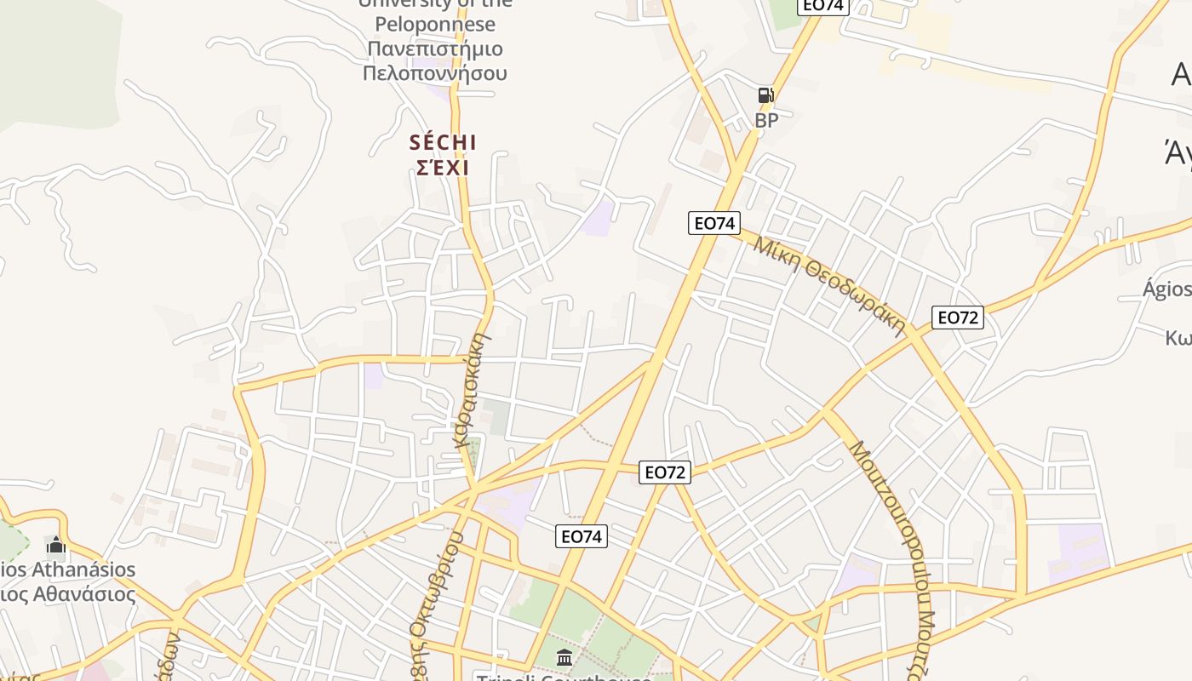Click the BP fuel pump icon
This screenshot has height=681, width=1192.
click(765, 95)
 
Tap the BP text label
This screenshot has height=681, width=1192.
click(766, 121)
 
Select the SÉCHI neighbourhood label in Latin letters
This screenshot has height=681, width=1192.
click(443, 142)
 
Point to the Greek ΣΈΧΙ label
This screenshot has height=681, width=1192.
click(443, 168)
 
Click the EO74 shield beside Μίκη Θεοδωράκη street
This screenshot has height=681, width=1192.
click(714, 223)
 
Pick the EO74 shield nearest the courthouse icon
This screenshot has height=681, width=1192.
click(582, 536)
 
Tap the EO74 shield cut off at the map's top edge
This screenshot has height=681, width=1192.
click(822, 5)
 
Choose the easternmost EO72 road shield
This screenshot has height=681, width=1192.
click(958, 318)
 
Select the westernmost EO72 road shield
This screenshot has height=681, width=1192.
click(665, 472)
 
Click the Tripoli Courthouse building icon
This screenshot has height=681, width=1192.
click(564, 657)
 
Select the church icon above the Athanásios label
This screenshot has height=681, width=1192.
click(56, 544)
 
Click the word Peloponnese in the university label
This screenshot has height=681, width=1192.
click(434, 24)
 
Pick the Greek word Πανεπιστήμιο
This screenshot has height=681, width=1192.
click(435, 49)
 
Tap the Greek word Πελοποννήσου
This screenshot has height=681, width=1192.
click(435, 73)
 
